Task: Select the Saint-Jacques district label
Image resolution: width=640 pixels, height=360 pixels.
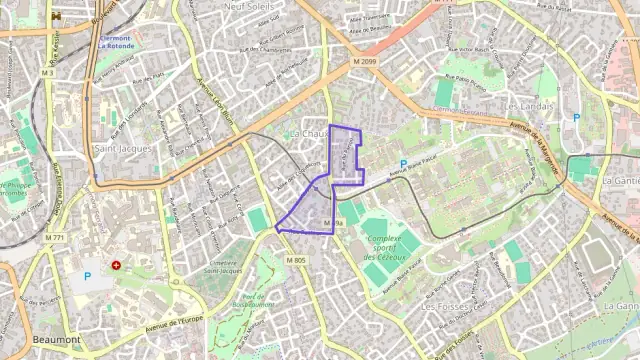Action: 122,148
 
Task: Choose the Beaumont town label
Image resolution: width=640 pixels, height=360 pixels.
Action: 56,340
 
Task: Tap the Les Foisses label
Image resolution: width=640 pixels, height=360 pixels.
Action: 447,307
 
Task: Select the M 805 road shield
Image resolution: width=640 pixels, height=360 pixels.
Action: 295,260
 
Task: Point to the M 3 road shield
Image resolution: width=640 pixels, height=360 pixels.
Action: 48,73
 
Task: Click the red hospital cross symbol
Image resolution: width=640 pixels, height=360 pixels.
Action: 117,266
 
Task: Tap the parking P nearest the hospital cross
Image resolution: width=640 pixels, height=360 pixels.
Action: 87,276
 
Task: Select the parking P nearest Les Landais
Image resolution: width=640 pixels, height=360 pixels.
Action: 575,117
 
